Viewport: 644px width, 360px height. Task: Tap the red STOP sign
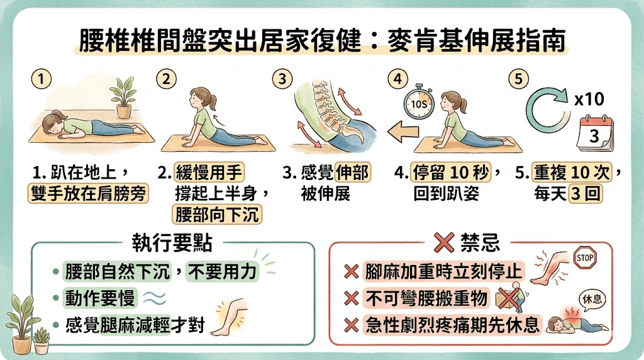pos(585,257)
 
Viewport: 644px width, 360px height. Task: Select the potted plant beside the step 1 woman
pos(122,98)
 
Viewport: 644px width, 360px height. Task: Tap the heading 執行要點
pos(172,242)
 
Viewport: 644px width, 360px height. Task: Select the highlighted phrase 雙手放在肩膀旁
pos(89,193)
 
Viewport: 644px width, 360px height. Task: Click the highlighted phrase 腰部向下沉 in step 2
pos(217,215)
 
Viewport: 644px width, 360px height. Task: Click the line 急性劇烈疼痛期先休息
pos(452,324)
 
